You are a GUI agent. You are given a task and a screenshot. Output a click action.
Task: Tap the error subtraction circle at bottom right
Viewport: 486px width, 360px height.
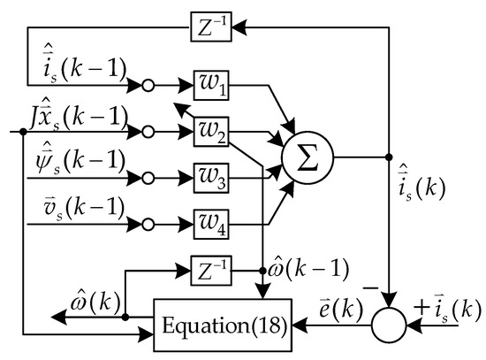390,325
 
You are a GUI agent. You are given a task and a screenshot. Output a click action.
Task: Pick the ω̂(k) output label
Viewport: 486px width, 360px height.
91,305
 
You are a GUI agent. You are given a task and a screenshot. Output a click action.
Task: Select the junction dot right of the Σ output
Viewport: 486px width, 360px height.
390,158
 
